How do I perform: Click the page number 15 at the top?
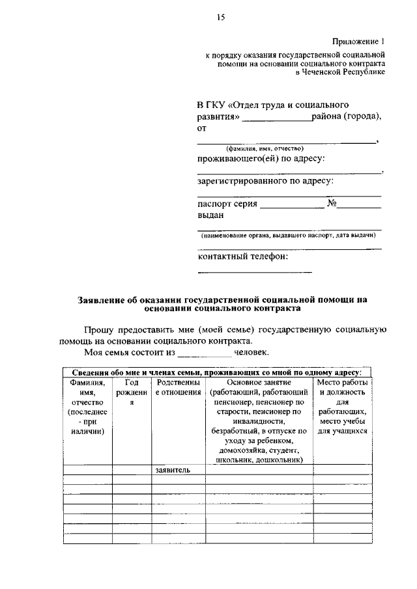220,18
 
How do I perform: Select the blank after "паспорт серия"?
291,207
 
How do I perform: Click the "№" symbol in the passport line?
332,203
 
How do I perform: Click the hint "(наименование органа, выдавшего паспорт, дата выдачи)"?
288,234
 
